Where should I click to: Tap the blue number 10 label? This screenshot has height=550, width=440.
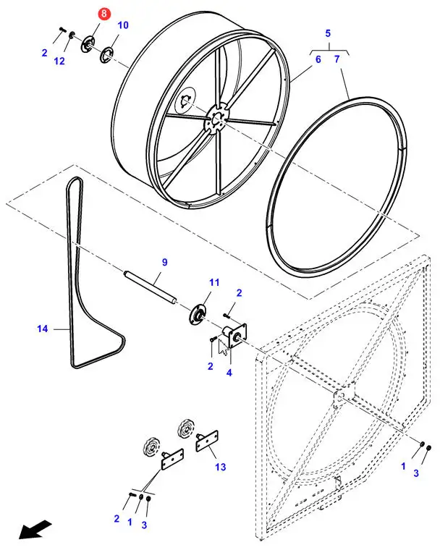coord(123,25)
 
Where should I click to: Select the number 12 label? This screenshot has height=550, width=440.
coord(59,62)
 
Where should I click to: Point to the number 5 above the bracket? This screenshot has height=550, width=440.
coord(328,34)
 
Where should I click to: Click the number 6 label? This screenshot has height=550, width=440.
coord(317,59)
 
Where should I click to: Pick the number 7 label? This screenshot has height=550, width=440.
coord(336,59)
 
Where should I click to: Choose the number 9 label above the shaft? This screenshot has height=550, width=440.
coord(164,261)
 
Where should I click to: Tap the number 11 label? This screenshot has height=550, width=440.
coord(213,282)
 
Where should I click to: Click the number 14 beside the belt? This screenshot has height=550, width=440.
coord(42,329)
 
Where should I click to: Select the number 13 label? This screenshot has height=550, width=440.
coord(220,467)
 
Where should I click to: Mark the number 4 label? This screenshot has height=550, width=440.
coord(229,373)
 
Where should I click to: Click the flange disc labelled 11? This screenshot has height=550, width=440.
coord(197,313)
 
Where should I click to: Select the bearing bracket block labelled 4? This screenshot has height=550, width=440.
coord(234,334)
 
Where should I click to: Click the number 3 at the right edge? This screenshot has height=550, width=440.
coord(415,473)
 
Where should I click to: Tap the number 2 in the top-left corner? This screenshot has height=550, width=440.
coord(44,53)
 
